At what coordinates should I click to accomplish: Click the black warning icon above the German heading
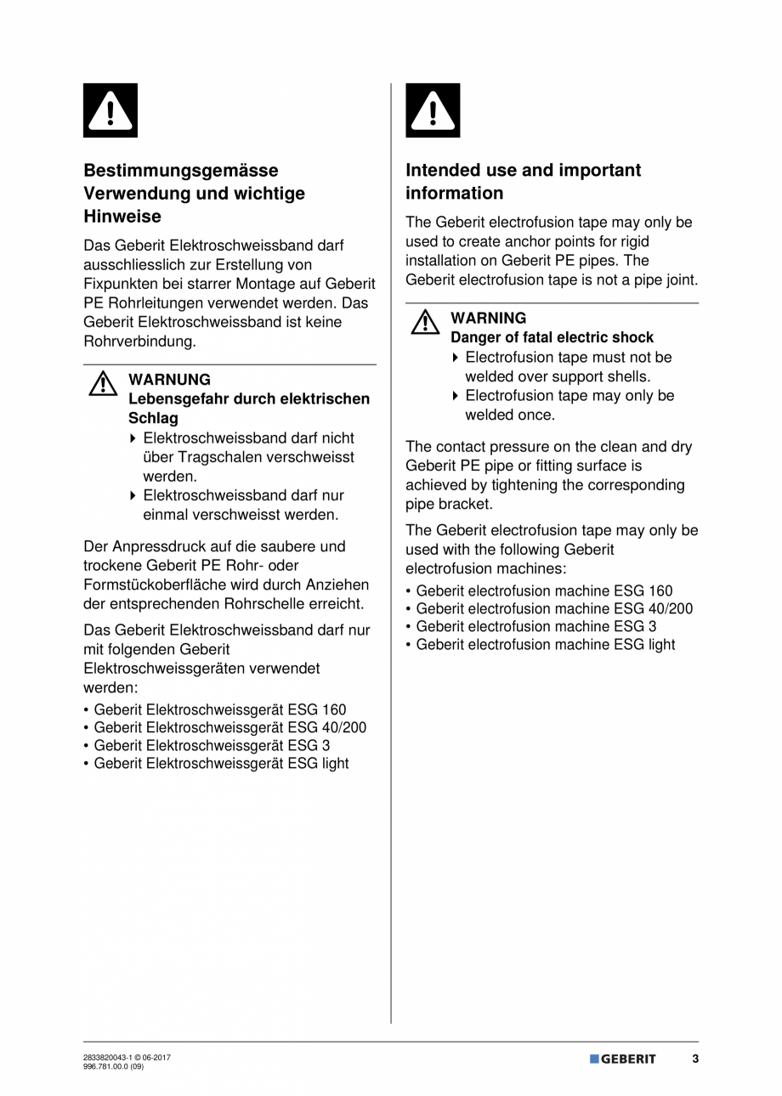click(x=110, y=110)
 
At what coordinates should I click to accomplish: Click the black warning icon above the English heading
click(x=433, y=110)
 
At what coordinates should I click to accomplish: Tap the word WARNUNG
click(x=169, y=380)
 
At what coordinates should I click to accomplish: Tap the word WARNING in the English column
click(x=488, y=319)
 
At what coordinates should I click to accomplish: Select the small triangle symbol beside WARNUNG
click(x=102, y=384)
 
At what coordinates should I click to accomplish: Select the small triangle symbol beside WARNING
click(x=425, y=323)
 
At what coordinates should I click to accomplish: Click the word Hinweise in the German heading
click(x=122, y=217)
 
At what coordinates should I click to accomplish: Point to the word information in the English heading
click(x=454, y=193)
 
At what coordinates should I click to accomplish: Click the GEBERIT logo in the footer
click(x=623, y=1059)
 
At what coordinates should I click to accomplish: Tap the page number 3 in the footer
click(x=694, y=1059)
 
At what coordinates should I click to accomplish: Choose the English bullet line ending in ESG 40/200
click(x=553, y=609)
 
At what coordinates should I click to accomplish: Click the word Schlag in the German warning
click(x=153, y=419)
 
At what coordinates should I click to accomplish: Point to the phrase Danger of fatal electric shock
click(x=552, y=338)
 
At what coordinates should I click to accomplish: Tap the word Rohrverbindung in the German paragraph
click(x=139, y=342)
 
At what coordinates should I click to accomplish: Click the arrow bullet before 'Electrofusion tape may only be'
click(x=456, y=397)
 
